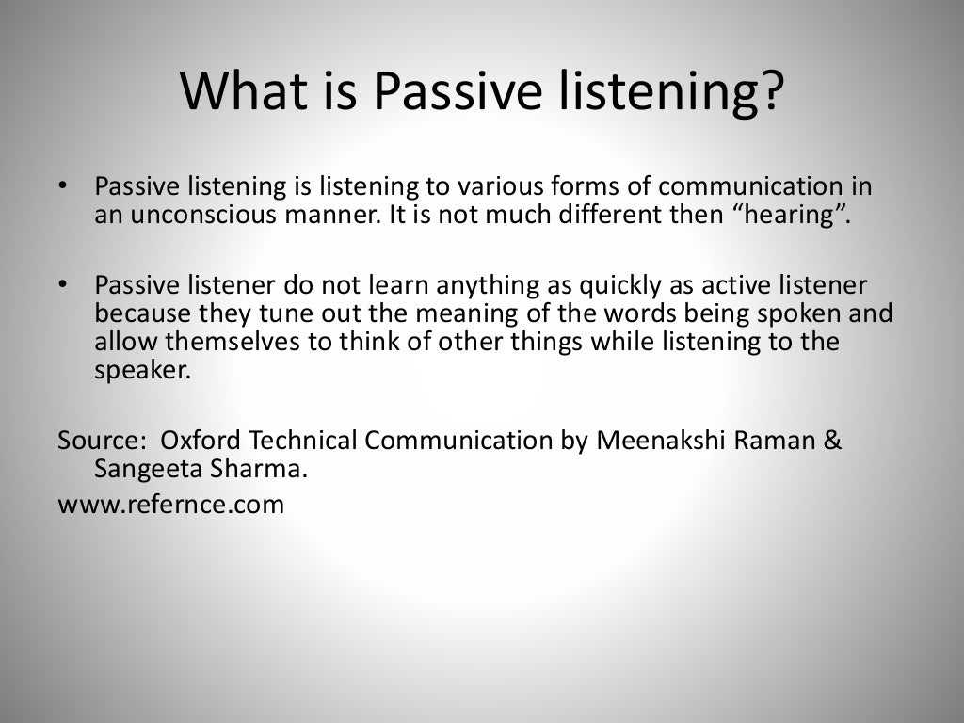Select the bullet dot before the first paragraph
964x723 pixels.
(x=63, y=185)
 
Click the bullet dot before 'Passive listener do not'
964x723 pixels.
(x=63, y=284)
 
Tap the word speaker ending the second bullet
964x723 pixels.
(x=142, y=369)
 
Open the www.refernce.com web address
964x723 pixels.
(x=170, y=504)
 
